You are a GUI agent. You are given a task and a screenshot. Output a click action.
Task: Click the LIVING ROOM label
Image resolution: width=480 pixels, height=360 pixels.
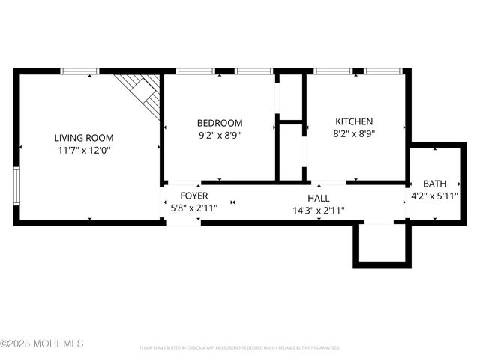click(x=84, y=137)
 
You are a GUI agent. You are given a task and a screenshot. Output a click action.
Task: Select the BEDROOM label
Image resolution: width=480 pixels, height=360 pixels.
click(x=220, y=123)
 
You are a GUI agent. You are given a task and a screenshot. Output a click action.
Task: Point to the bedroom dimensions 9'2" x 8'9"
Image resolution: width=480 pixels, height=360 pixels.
click(x=220, y=136)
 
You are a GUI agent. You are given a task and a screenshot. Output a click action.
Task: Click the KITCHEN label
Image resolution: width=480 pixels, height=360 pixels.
click(x=354, y=121)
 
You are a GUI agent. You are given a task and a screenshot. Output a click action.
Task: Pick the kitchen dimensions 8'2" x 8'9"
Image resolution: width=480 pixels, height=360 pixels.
click(x=354, y=134)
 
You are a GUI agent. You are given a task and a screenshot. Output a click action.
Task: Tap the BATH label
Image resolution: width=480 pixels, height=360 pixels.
click(x=434, y=184)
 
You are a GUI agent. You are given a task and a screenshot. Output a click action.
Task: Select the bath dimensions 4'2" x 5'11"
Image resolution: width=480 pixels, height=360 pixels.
click(x=434, y=196)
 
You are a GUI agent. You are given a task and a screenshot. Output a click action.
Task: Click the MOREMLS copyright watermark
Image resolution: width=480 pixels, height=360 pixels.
click(x=42, y=343)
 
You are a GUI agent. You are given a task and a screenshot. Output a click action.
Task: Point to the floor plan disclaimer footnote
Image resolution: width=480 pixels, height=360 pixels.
click(x=240, y=348)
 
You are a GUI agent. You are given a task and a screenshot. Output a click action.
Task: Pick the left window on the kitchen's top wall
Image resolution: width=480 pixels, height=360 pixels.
click(x=333, y=71)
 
